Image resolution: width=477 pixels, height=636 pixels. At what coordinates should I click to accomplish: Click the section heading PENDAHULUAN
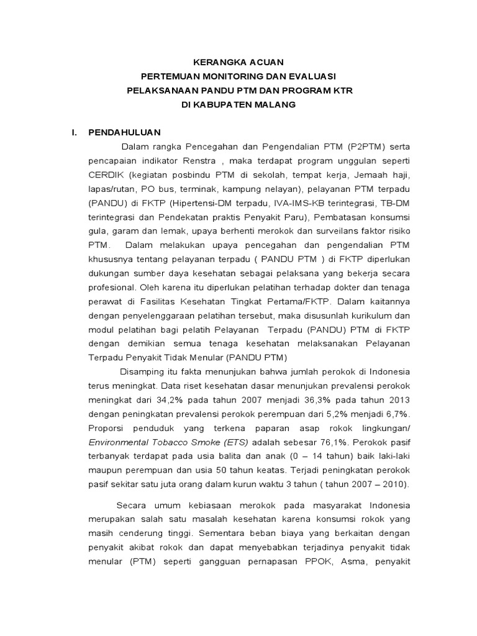click(125, 132)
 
